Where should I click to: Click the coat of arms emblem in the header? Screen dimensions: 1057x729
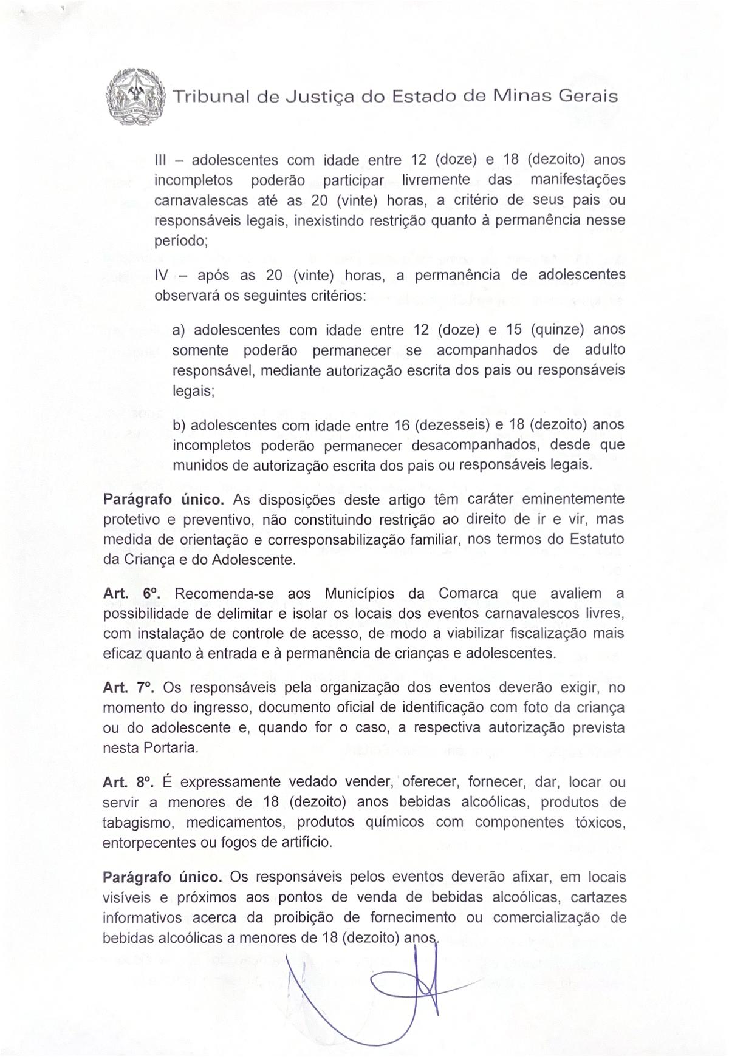(x=135, y=97)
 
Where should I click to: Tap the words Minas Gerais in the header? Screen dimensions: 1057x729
(x=554, y=97)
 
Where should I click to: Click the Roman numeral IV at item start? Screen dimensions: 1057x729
(x=162, y=276)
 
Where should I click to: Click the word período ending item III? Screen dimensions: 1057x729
(x=181, y=240)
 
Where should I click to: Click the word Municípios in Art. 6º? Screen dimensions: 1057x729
(x=360, y=593)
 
